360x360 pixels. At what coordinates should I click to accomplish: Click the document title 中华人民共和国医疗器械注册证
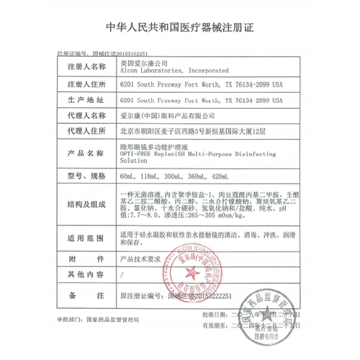coord(179,28)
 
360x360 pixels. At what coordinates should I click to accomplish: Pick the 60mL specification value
coord(129,176)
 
